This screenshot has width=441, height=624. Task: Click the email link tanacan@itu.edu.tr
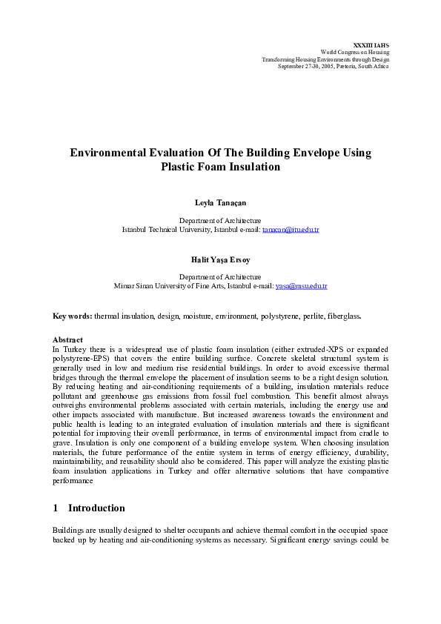click(291, 230)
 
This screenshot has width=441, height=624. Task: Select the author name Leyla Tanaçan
click(220, 202)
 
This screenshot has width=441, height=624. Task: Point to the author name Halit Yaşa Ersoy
click(220, 259)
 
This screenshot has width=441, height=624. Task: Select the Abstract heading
click(68, 340)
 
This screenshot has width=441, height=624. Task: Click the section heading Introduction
click(96, 508)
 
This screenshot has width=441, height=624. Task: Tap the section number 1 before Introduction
click(56, 508)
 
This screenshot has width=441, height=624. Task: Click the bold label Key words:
click(72, 316)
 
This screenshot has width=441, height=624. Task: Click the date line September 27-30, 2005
click(333, 66)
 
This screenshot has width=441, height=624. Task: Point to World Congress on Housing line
click(354, 52)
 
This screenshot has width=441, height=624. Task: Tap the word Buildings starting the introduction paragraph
click(68, 531)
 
